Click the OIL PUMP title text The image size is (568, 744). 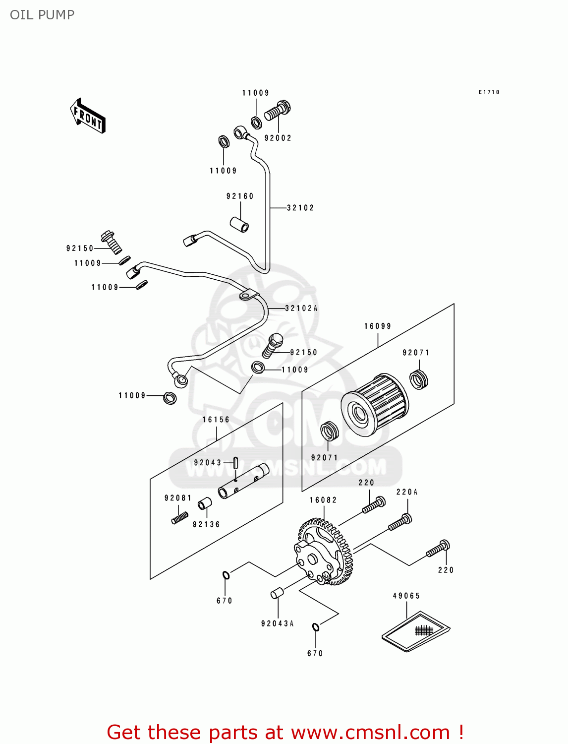(42, 15)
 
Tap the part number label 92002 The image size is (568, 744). (278, 138)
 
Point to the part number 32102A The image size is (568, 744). (301, 308)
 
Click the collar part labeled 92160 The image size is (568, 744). (239, 224)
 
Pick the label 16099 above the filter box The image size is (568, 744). (378, 326)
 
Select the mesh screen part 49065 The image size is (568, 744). (415, 631)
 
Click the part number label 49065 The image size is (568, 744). (406, 596)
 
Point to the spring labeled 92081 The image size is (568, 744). (180, 517)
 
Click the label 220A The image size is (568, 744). (407, 492)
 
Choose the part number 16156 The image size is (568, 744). (216, 420)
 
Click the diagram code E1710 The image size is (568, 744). (489, 92)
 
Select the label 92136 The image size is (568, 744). (206, 524)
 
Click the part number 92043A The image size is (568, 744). (278, 623)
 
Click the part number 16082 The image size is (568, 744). (323, 500)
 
